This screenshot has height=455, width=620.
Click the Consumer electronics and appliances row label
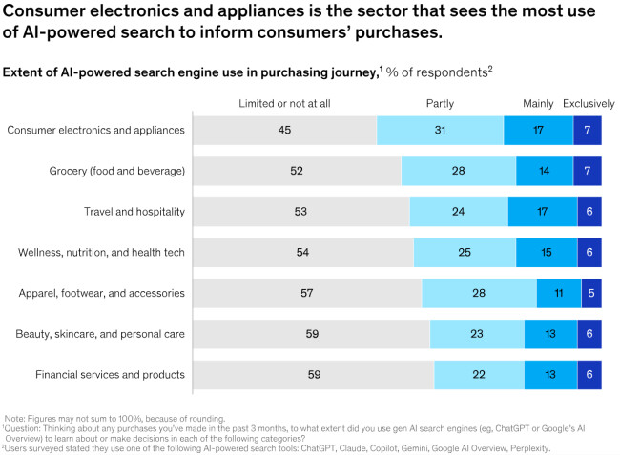pyautogui.click(x=95, y=130)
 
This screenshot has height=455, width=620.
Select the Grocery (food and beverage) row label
pyautogui.click(x=116, y=171)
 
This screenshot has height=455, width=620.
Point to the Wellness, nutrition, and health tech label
pyautogui.click(x=101, y=252)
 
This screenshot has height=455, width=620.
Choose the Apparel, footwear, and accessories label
pyautogui.click(x=102, y=293)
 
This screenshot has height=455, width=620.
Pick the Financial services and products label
pyautogui.click(x=110, y=374)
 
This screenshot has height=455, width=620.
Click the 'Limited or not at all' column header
pyautogui.click(x=283, y=103)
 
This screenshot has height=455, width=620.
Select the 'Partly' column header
pyautogui.click(x=440, y=103)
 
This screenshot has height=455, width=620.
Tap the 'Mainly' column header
pyautogui.click(x=538, y=103)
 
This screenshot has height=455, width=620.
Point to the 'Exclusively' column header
pyautogui.click(x=589, y=103)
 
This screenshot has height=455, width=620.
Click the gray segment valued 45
pyautogui.click(x=284, y=130)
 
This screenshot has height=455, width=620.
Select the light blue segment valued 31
pyautogui.click(x=440, y=130)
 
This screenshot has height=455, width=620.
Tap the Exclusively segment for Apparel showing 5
pyautogui.click(x=591, y=293)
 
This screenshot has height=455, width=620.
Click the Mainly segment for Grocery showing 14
pyautogui.click(x=545, y=171)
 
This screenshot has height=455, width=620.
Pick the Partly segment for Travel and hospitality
pyautogui.click(x=458, y=212)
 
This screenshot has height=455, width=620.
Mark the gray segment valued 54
pyautogui.click(x=302, y=252)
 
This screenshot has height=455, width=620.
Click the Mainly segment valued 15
pyautogui.click(x=547, y=252)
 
